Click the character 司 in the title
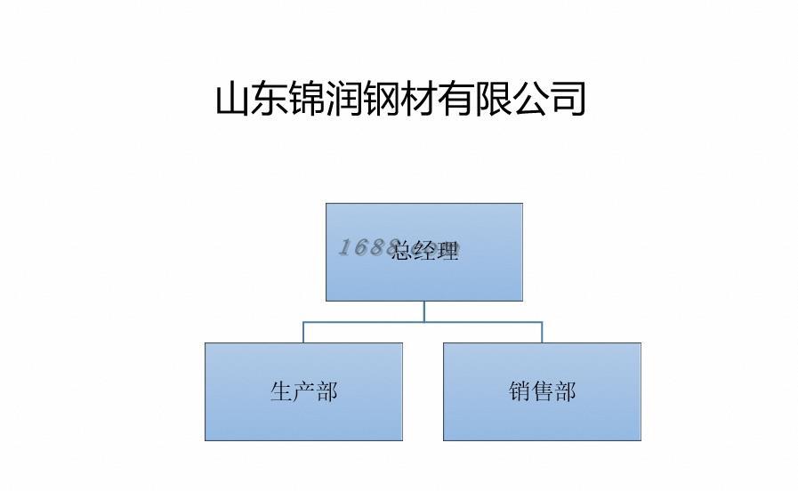pyautogui.click(x=568, y=99)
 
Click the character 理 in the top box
pyautogui.click(x=448, y=252)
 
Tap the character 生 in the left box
pyautogui.click(x=281, y=391)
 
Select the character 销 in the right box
pyautogui.click(x=520, y=391)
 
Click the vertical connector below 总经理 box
pyautogui.click(x=424, y=310)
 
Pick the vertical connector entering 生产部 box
pyautogui.click(x=303, y=332)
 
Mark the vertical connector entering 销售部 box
pyautogui.click(x=542, y=332)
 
